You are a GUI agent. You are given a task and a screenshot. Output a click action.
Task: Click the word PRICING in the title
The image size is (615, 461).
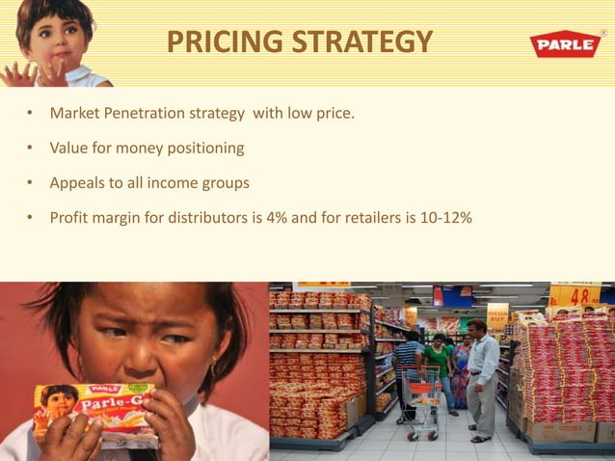coord(217,42)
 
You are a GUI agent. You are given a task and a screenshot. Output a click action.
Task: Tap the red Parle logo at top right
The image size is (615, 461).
coord(564,44)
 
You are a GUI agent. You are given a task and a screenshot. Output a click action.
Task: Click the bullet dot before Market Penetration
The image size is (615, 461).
coord(30,117)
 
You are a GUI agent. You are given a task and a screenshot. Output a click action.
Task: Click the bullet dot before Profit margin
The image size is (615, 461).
coord(30,218)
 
